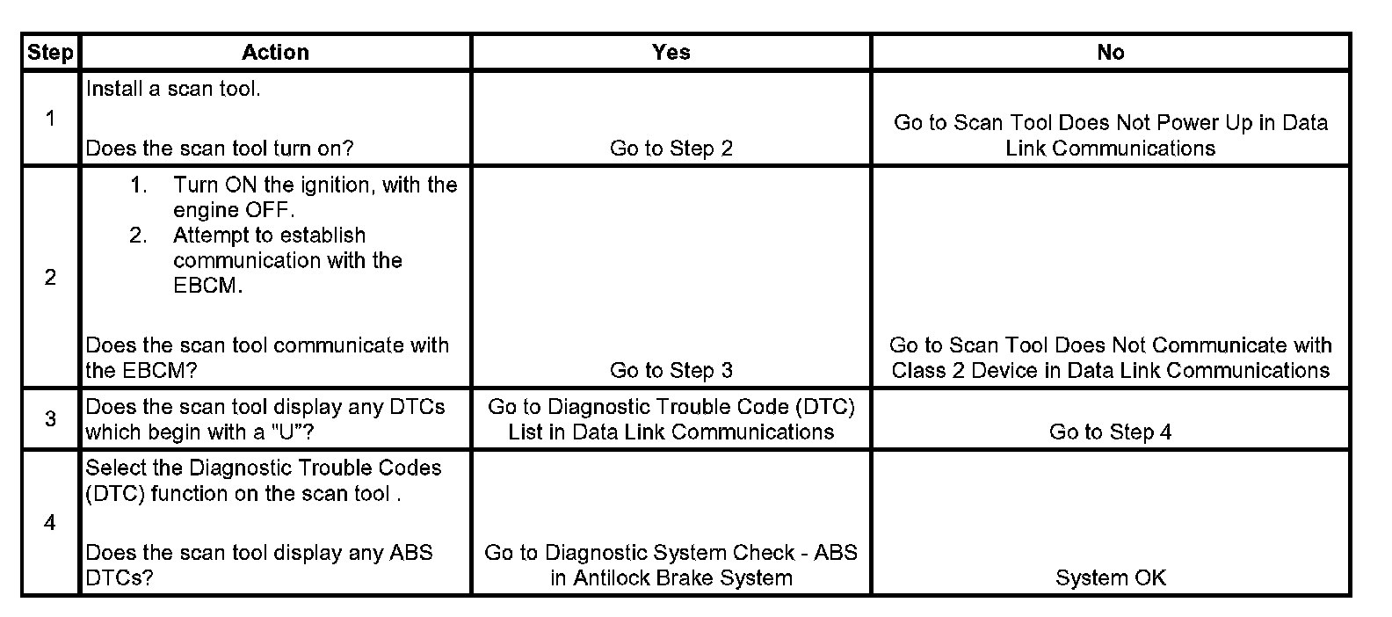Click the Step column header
50,53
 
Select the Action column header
275,53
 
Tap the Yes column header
671,53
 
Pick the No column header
1110,53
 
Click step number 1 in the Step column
50,119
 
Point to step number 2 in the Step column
50,278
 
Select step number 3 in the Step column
50,419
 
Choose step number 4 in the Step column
50,523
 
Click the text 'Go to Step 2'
671,149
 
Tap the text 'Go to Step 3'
671,371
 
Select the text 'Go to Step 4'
1110,432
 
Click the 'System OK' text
1110,578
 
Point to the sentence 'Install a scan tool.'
173,89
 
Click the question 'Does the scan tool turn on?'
220,149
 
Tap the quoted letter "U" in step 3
300,432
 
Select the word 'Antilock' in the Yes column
613,578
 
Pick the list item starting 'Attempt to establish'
287,260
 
